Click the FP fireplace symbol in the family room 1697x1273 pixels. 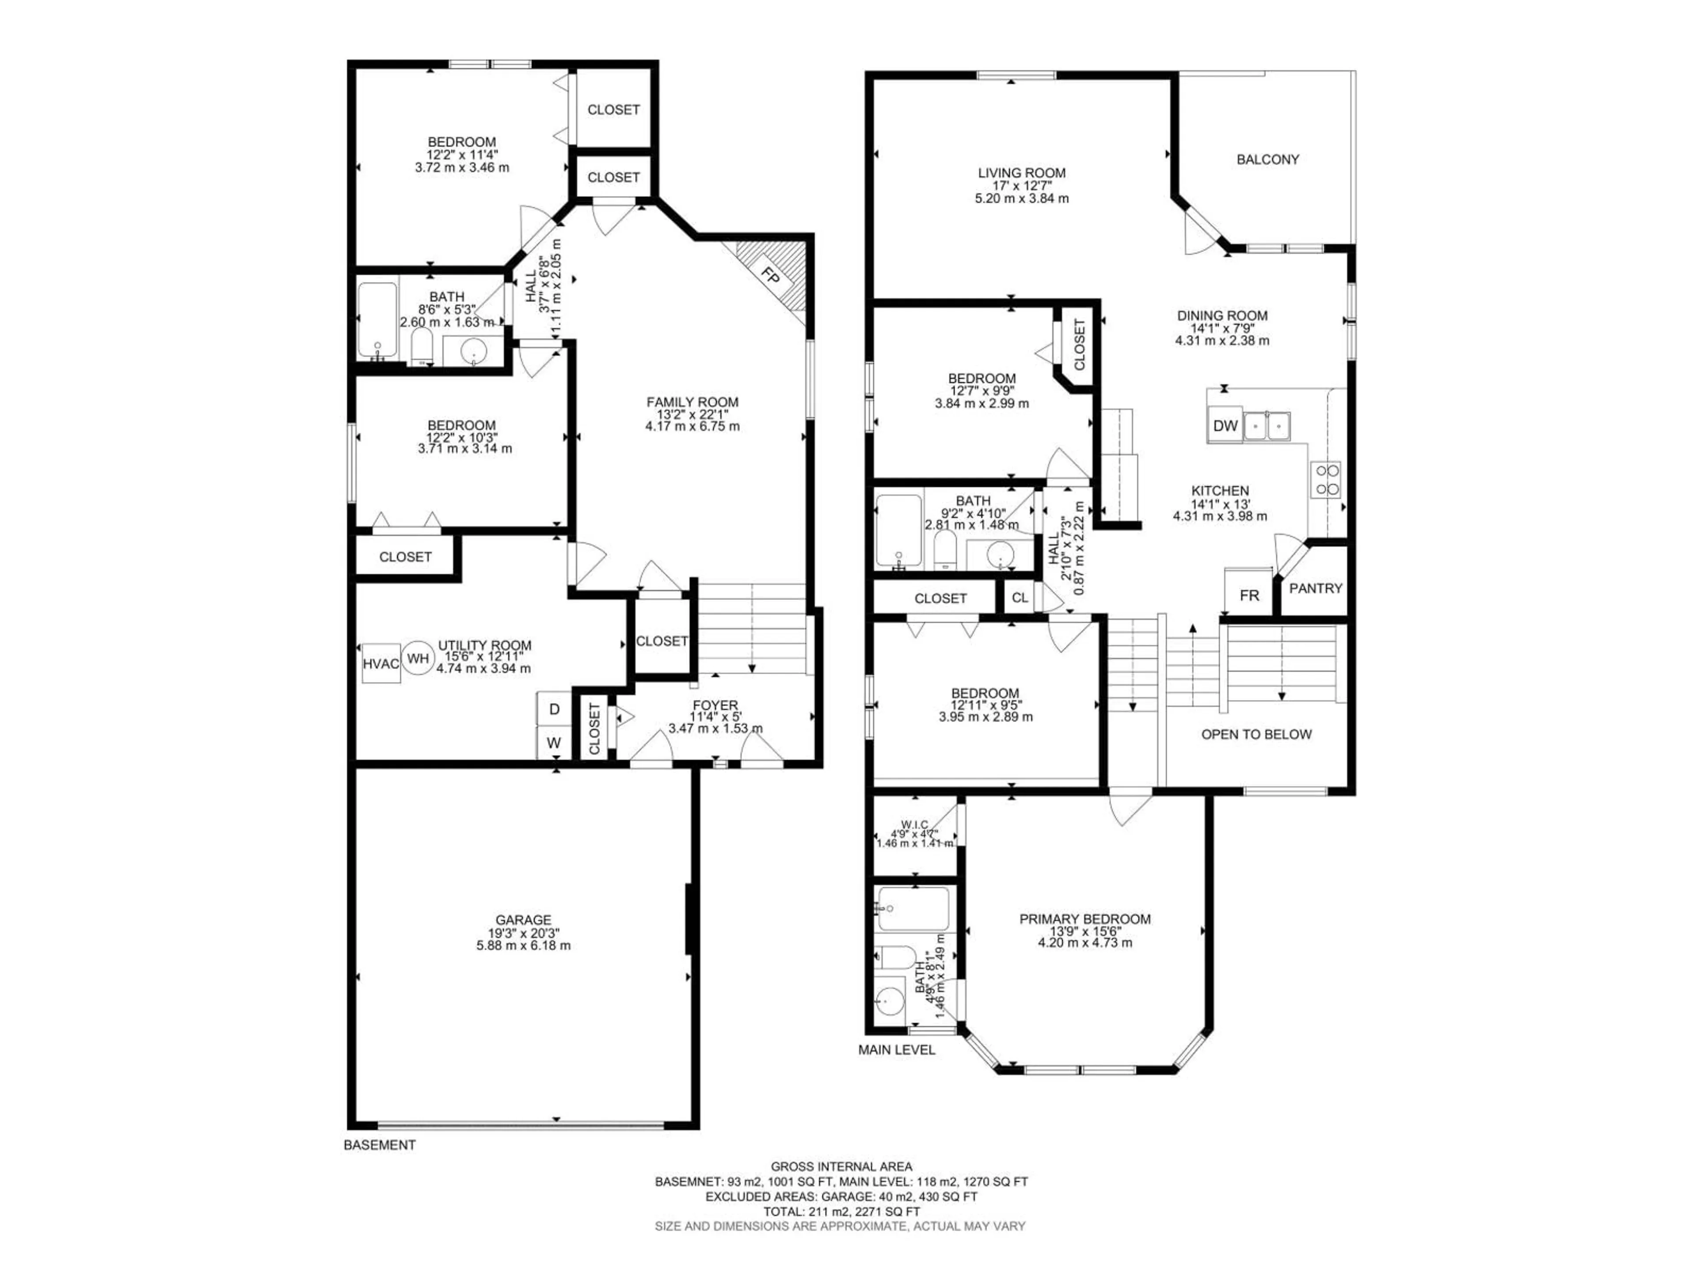[771, 274]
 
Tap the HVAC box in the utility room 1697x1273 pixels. [380, 663]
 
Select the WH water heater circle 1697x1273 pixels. [418, 658]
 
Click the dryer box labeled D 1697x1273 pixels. [554, 710]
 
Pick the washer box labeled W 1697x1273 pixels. [554, 743]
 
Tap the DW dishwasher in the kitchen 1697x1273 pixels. [1225, 425]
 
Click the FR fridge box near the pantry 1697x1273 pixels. [1249, 595]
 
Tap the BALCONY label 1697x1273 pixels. [1267, 160]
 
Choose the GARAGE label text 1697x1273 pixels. [523, 919]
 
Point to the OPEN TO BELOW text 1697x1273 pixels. [1256, 734]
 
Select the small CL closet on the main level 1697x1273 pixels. [1019, 598]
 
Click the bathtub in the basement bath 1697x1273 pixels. [377, 321]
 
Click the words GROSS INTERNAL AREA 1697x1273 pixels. [841, 1167]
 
